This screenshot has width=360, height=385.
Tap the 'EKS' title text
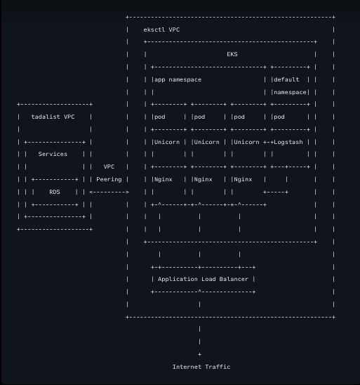click(x=232, y=54)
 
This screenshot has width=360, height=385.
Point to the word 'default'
click(x=286, y=79)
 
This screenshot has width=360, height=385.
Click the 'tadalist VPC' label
click(x=53, y=117)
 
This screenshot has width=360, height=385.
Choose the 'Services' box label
click(x=53, y=154)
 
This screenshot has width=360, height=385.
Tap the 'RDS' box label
click(x=55, y=191)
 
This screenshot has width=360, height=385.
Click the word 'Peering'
click(x=109, y=179)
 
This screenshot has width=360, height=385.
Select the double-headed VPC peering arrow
click(x=109, y=191)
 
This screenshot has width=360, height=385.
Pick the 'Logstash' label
click(x=288, y=141)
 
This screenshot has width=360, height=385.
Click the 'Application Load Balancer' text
click(x=203, y=279)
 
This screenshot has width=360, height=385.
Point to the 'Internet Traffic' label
click(x=201, y=367)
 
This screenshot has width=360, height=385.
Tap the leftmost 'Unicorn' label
click(x=167, y=141)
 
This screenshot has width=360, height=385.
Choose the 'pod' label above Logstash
click(x=279, y=117)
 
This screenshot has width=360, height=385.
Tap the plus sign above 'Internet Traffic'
click(x=200, y=354)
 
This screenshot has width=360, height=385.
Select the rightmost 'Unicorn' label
click(x=246, y=141)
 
